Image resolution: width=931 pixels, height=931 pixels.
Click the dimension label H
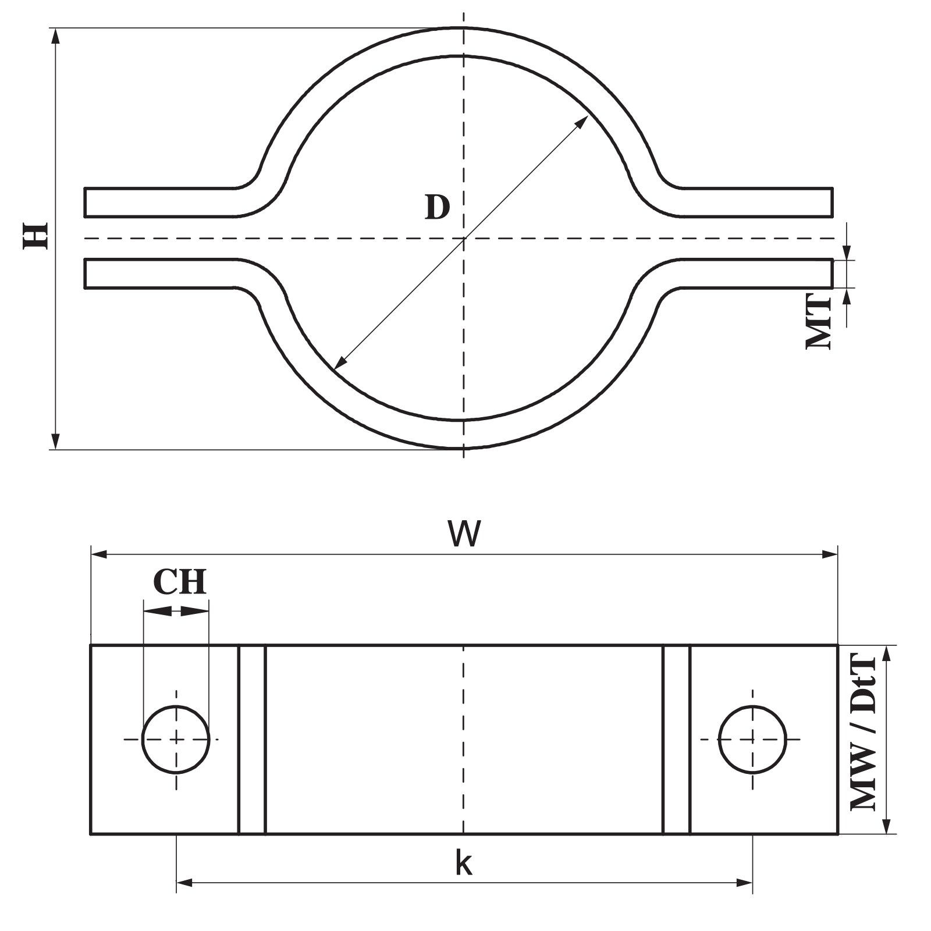pos(35,235)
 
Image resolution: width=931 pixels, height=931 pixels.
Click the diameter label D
pos(438,207)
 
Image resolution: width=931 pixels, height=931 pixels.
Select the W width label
pos(464,534)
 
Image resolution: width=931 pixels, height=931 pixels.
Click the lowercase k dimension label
pos(464,864)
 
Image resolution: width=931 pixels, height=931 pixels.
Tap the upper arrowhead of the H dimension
pos(55,35)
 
